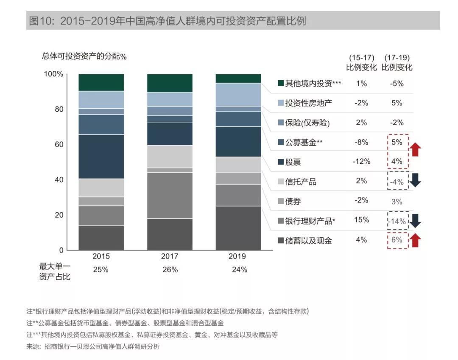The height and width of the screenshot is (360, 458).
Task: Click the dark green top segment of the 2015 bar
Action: (101, 82)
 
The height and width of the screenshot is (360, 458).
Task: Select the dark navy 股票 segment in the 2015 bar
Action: (101, 156)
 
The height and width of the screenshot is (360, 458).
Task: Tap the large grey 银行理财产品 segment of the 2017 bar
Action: (170, 195)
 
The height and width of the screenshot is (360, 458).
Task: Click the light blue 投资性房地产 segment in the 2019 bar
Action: (238, 94)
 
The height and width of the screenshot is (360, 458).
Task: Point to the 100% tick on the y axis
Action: (53, 74)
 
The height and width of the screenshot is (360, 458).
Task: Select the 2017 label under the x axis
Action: (170, 256)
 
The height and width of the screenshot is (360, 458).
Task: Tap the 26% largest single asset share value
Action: (170, 270)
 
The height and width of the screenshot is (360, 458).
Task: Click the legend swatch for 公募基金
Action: (281, 143)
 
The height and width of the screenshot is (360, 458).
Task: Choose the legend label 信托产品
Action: (301, 182)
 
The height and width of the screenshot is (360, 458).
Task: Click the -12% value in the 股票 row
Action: (362, 161)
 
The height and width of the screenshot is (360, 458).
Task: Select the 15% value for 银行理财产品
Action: (362, 220)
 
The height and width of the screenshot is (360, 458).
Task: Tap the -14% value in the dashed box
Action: (397, 221)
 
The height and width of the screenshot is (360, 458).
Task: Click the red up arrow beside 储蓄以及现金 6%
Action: (415, 240)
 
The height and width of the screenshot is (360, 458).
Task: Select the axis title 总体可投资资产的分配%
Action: (84, 56)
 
